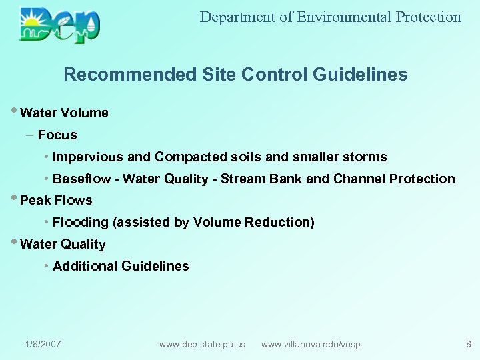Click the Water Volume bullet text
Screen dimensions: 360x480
(64, 113)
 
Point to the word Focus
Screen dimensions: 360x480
(57, 135)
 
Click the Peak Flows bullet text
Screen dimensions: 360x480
(56, 200)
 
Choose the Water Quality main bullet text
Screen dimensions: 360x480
(63, 244)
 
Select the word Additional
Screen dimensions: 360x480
(85, 266)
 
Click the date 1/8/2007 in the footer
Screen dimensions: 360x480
(43, 344)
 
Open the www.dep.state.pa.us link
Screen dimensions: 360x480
(202, 344)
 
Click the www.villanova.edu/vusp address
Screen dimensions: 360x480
(311, 344)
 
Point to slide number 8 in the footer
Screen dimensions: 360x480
(468, 344)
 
